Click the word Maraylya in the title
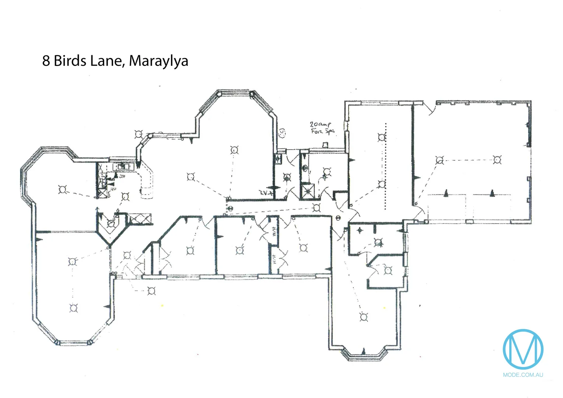click(x=158, y=61)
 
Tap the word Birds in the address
click(x=70, y=61)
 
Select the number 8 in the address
click(x=46, y=61)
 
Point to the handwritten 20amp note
click(x=320, y=125)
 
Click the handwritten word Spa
click(x=329, y=132)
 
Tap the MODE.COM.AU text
click(x=523, y=375)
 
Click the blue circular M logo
click(x=523, y=349)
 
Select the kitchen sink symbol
click(x=123, y=167)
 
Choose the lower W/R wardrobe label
click(x=274, y=260)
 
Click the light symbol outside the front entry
click(x=151, y=291)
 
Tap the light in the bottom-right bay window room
click(x=364, y=317)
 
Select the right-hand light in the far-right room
click(x=497, y=160)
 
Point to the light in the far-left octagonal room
click(x=63, y=190)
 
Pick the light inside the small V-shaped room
click(x=111, y=223)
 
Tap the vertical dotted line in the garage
click(x=386, y=166)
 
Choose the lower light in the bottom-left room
click(x=73, y=308)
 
